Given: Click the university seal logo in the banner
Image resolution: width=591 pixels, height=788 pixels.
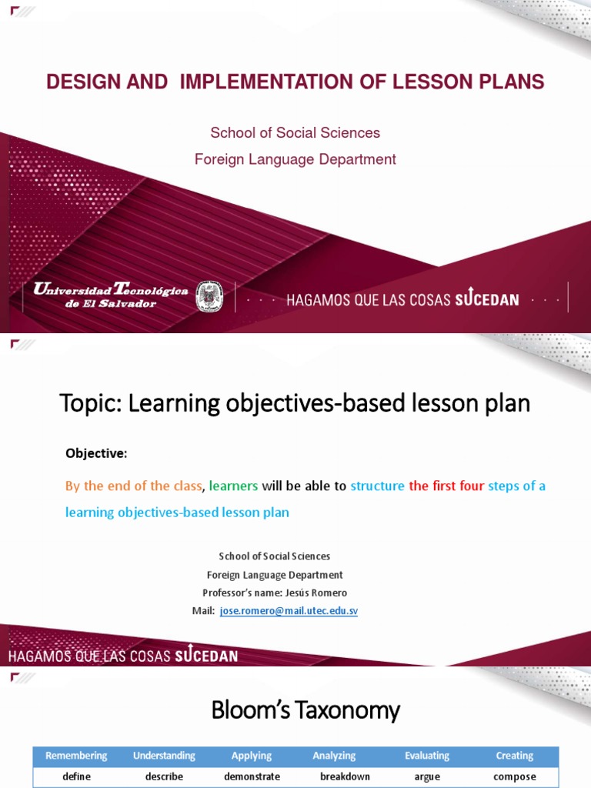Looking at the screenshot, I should tap(209, 296).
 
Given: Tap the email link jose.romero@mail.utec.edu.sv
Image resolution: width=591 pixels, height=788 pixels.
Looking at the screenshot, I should tap(289, 611).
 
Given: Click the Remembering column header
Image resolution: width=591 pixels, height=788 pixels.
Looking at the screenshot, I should tap(76, 756).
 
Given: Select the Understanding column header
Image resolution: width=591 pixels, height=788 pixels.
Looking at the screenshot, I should tap(164, 756).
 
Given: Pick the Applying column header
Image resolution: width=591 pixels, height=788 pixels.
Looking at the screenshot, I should tap(252, 756).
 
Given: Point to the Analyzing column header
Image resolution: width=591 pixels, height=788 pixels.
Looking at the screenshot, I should tap(334, 756).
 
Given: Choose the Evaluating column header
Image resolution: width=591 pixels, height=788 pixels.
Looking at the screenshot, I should tap(427, 756).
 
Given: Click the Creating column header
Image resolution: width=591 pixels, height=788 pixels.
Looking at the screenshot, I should tap(515, 756).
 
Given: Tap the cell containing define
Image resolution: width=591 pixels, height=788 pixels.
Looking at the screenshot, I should tap(76, 776).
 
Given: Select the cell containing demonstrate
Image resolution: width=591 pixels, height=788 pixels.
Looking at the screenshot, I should tap(252, 776).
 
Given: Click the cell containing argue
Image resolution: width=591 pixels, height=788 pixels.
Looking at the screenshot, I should tap(427, 776).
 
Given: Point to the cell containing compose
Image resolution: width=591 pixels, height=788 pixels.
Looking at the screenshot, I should tap(515, 776).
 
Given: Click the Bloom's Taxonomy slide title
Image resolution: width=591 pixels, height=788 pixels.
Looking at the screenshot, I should tap(306, 710).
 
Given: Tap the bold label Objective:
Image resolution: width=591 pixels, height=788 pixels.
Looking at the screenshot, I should tap(95, 454).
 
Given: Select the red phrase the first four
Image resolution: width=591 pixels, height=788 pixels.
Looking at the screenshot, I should tap(446, 486).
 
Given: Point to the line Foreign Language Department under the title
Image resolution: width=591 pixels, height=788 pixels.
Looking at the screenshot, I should tap(295, 159).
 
